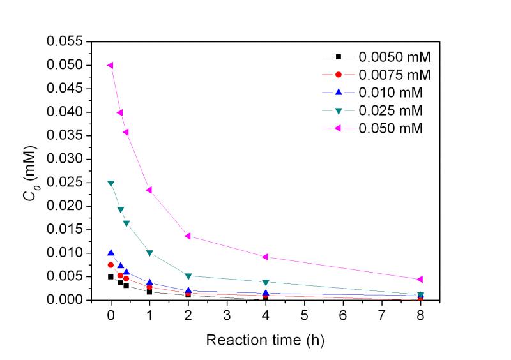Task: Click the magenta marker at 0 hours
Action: (x=111, y=65)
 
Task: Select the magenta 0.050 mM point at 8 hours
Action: (x=420, y=280)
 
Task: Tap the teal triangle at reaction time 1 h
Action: (x=149, y=253)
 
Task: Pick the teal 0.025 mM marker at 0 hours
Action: (x=111, y=183)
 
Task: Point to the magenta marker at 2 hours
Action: (x=188, y=236)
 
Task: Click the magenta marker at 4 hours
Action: (x=265, y=257)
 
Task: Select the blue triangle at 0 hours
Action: (x=111, y=253)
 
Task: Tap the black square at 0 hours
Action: (x=111, y=276)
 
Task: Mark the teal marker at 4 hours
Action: (x=265, y=282)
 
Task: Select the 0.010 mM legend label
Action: (x=391, y=93)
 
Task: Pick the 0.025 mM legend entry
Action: (x=391, y=110)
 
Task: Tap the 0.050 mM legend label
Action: (x=391, y=128)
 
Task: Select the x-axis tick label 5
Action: (x=304, y=315)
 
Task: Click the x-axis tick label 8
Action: (x=420, y=315)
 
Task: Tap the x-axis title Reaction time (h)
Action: (x=265, y=340)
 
